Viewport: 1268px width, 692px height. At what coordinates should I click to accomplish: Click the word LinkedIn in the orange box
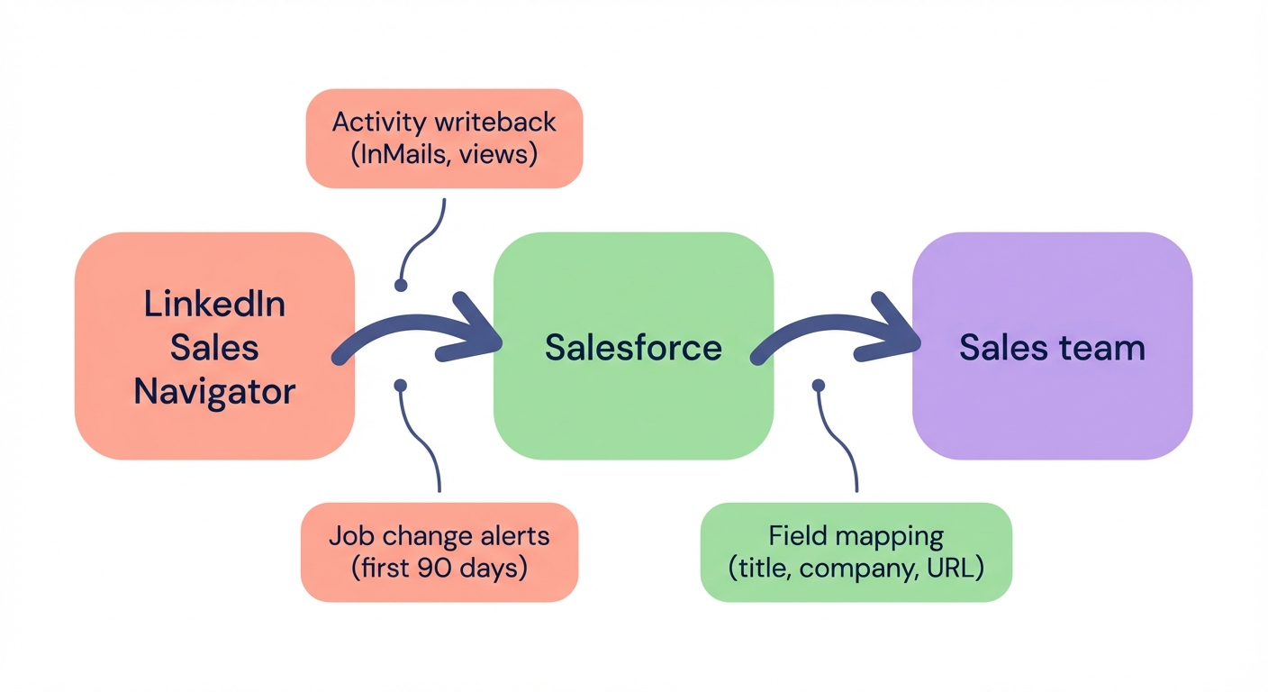tap(214, 304)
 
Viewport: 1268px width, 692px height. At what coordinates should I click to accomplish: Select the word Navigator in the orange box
tap(214, 391)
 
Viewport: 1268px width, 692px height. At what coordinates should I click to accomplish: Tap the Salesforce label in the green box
tap(633, 347)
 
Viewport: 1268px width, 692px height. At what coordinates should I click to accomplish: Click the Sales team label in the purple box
tap(1052, 347)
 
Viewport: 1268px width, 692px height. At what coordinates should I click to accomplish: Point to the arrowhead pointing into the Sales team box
tap(898, 328)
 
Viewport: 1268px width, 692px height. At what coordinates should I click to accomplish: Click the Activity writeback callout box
tap(444, 138)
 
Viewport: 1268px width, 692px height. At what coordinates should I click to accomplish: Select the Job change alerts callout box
tap(439, 551)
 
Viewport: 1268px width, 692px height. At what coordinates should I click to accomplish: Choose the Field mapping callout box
tap(856, 551)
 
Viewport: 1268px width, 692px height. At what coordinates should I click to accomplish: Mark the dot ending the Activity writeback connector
tap(401, 285)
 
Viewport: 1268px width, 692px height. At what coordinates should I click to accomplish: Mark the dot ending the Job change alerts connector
tap(401, 386)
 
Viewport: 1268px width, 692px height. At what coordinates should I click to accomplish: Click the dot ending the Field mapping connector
tap(819, 386)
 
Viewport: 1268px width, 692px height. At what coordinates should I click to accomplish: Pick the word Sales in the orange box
tap(214, 347)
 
